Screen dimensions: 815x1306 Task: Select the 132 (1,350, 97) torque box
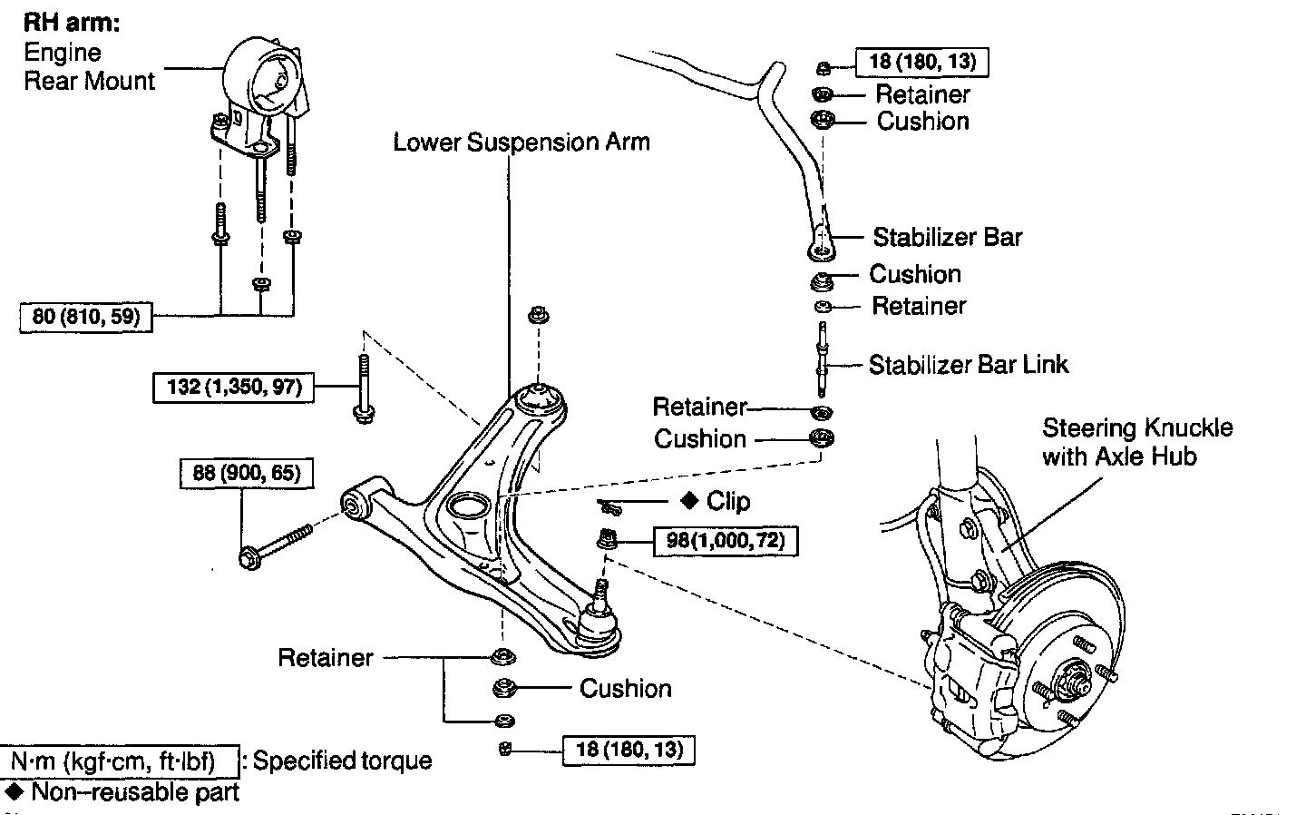coord(235,388)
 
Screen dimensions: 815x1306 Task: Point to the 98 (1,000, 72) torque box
coord(726,541)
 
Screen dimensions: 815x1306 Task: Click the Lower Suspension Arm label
coord(521,142)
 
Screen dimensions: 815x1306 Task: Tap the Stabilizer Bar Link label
coord(969,365)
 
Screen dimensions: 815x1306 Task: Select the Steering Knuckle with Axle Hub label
coord(1136,441)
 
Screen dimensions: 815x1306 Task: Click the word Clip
coord(728,501)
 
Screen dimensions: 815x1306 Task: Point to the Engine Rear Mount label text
coord(89,67)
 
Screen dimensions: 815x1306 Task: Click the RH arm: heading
coord(72,23)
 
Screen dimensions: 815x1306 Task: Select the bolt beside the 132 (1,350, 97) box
coord(363,390)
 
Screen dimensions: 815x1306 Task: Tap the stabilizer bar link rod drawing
coord(823,359)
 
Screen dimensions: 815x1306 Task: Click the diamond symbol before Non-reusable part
coord(14,791)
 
